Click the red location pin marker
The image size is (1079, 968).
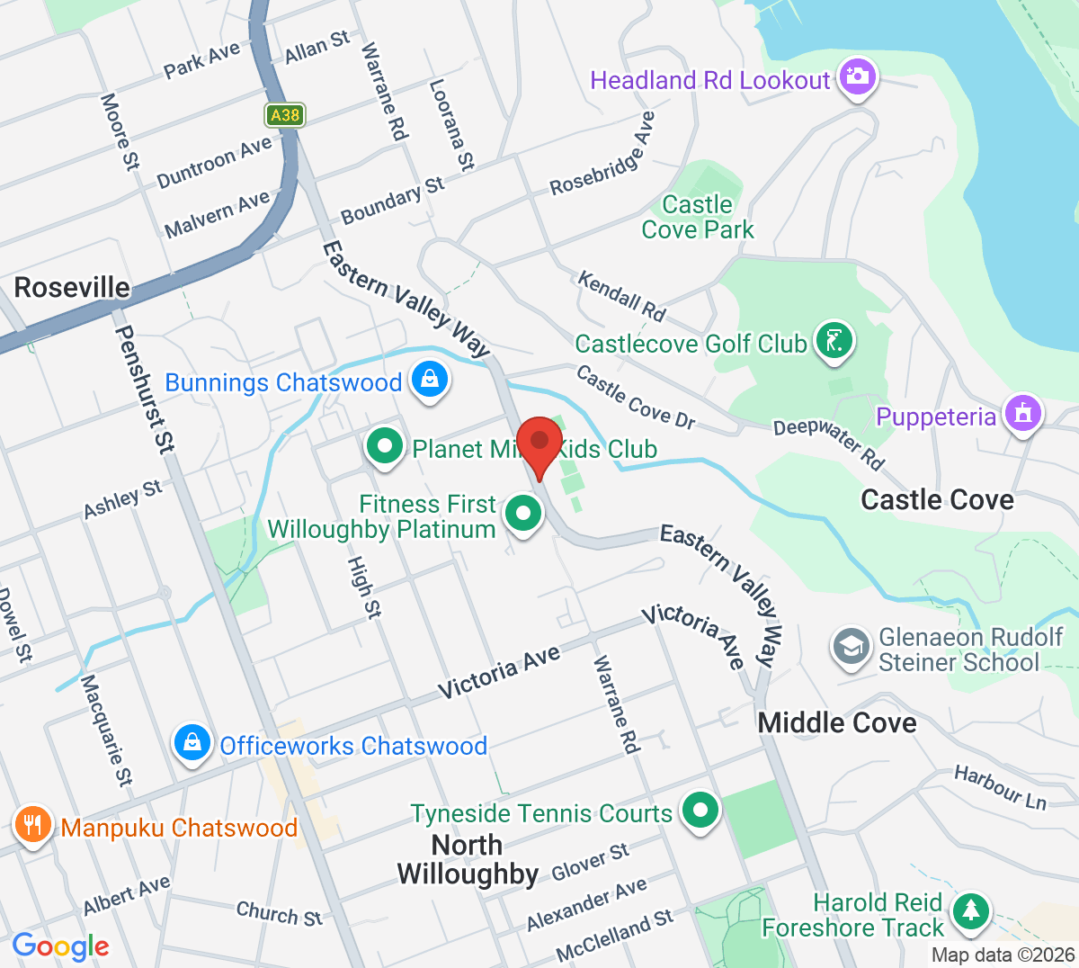click(539, 445)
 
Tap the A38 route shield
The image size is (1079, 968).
click(284, 115)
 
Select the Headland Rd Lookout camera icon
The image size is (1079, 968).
click(858, 77)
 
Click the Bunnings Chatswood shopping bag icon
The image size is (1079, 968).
click(430, 381)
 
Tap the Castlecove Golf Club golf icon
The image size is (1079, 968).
click(834, 342)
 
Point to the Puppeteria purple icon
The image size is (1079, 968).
click(1022, 415)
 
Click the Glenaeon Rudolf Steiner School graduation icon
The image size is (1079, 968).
click(851, 648)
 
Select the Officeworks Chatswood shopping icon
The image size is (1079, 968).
click(192, 744)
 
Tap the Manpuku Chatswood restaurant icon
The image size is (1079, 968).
click(32, 825)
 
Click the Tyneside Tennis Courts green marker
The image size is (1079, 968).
click(700, 811)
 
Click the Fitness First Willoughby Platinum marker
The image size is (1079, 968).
click(523, 515)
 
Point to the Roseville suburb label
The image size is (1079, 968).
click(72, 288)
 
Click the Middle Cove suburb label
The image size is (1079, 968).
click(837, 722)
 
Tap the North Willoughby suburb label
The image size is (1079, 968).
click(468, 860)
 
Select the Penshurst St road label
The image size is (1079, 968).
click(145, 389)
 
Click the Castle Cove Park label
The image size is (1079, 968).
click(698, 218)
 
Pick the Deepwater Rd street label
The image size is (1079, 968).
click(829, 442)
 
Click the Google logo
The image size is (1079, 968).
click(60, 946)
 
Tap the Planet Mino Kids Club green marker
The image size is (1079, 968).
click(385, 447)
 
